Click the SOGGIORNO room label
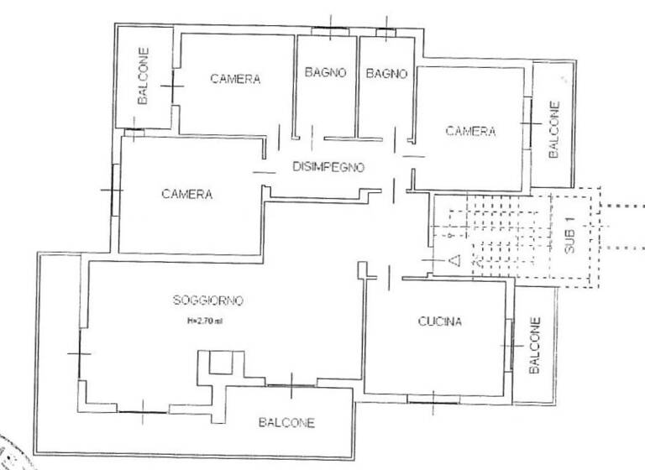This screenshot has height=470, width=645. pyautogui.click(x=208, y=300)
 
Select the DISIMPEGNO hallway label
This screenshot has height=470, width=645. pyautogui.click(x=328, y=167)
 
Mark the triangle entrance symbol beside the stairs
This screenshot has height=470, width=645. pyautogui.click(x=454, y=261)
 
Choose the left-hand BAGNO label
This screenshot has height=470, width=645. pyautogui.click(x=326, y=74)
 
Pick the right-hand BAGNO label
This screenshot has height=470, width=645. pyautogui.click(x=386, y=74)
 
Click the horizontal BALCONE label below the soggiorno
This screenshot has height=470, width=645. pyautogui.click(x=287, y=423)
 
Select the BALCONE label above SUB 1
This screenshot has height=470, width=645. pyautogui.click(x=553, y=128)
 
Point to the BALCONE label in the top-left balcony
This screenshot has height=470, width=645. pyautogui.click(x=144, y=76)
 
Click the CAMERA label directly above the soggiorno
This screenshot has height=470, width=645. pyautogui.click(x=187, y=195)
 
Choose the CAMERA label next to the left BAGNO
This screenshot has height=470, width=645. pyautogui.click(x=235, y=80)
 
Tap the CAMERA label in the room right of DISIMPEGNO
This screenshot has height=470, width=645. pyautogui.click(x=470, y=131)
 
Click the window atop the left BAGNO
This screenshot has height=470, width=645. pyautogui.click(x=330, y=32)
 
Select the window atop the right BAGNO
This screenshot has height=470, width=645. pyautogui.click(x=385, y=33)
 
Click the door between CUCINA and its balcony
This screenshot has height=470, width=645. pyautogui.click(x=509, y=346)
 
